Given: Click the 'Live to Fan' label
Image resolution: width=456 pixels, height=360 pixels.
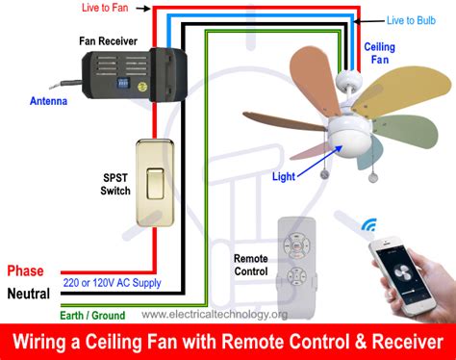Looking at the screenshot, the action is click(105, 8).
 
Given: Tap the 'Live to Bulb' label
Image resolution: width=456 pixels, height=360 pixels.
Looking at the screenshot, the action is click(411, 20).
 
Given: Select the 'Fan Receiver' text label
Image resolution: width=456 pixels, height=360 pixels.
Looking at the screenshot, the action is click(108, 41).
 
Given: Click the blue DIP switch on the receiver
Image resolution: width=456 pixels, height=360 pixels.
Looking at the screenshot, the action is click(123, 83).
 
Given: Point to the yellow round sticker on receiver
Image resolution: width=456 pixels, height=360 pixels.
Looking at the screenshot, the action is click(142, 87).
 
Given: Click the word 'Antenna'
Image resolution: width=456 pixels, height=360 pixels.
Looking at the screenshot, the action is click(48, 101).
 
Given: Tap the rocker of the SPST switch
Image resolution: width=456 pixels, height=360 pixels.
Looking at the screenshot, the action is click(155, 184).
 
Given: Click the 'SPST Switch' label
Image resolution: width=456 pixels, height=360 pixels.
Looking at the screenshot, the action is click(115, 184).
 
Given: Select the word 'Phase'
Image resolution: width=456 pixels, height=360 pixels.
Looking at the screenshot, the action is click(25, 270).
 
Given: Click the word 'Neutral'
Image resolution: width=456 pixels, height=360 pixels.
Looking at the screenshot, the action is click(29, 294).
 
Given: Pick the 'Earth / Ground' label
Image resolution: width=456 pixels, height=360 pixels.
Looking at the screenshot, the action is click(92, 315).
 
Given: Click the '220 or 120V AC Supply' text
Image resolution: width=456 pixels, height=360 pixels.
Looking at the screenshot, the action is click(112, 283).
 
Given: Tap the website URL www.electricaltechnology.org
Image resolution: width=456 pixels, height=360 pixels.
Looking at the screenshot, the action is click(215, 315).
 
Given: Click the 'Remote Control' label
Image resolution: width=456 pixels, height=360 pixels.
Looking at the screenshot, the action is click(251, 265).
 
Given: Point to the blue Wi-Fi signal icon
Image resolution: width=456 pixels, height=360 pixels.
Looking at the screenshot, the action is click(369, 225).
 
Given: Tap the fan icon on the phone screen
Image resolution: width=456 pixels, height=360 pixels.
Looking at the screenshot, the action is click(401, 272).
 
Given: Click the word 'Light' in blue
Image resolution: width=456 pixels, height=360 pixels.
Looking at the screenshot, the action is click(284, 176).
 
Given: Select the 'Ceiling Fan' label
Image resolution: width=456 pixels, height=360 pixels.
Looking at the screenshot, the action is click(379, 53).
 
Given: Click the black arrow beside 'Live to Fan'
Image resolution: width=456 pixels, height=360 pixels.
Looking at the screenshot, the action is click(143, 9).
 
